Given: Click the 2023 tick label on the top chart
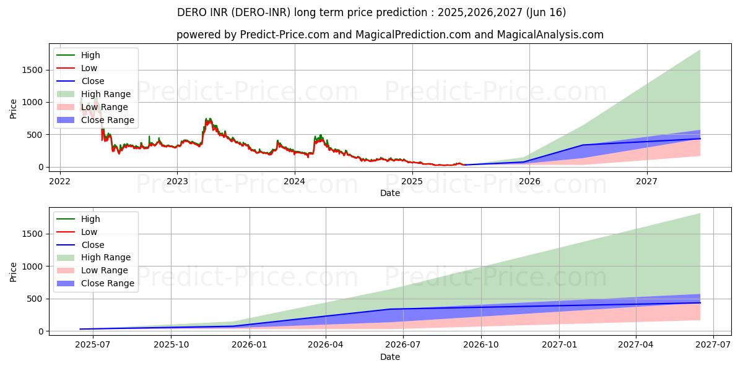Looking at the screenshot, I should [177, 181].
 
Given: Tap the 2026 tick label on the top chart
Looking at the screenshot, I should [529, 181].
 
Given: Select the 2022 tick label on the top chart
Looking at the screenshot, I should [59, 181].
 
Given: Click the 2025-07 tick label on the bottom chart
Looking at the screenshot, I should [93, 345].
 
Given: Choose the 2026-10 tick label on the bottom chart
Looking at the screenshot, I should [482, 345].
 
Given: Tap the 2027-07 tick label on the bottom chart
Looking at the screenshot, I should [714, 345].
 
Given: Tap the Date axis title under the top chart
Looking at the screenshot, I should [390, 193].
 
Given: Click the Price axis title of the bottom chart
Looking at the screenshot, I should [14, 272].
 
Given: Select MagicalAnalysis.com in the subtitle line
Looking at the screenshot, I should [551, 35].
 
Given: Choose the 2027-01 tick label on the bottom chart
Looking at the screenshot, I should [560, 345].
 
